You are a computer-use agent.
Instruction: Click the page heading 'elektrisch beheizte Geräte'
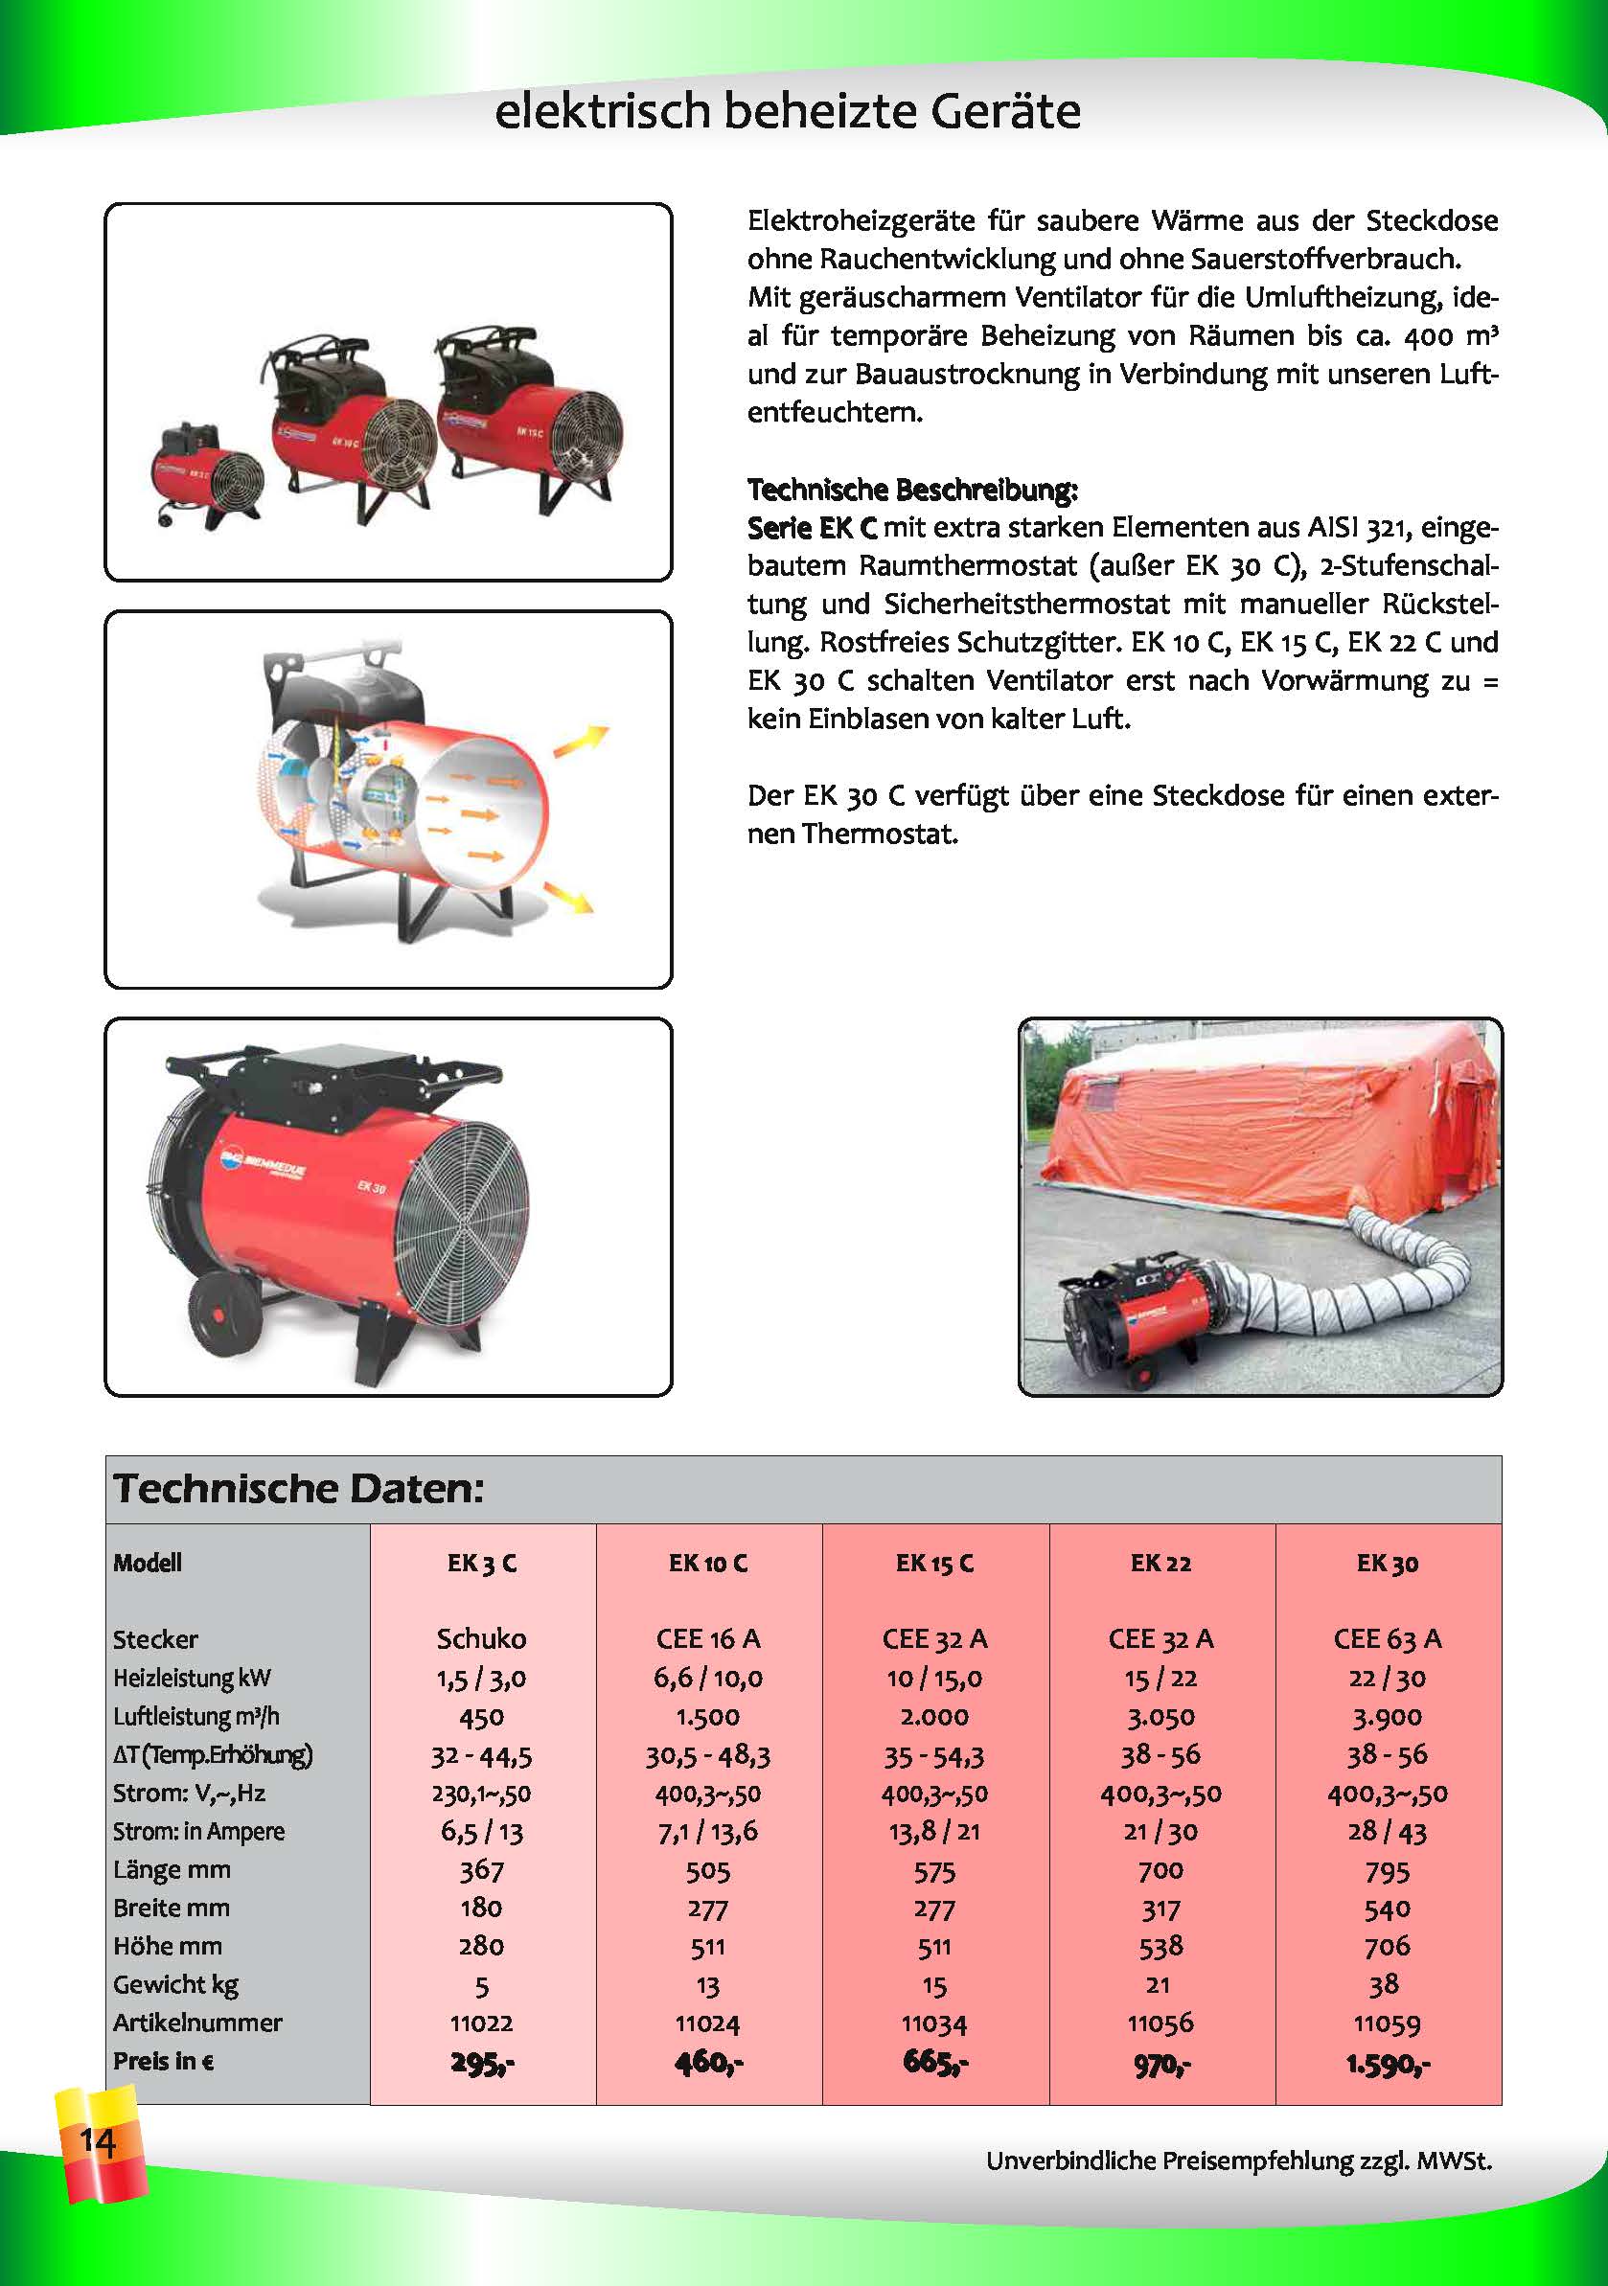(787, 111)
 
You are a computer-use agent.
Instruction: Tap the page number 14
(98, 2139)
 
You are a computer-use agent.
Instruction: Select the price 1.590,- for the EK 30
(1387, 2062)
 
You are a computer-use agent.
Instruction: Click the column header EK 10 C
(708, 1563)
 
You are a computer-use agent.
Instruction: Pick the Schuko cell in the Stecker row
(482, 1637)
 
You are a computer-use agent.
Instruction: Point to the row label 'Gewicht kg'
(175, 1984)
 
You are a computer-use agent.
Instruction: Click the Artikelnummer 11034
(934, 2023)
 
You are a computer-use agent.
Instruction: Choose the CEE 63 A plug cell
(1387, 1637)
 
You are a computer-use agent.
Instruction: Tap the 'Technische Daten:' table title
(299, 1489)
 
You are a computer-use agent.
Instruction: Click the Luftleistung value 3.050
(1160, 1716)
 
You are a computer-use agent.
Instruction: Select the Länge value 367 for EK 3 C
(482, 1870)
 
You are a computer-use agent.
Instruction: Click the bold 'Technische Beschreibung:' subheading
(912, 489)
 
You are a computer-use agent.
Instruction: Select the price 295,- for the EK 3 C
(482, 2062)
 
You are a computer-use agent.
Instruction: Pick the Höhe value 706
(1387, 1946)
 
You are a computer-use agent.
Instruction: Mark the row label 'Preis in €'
(163, 2061)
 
